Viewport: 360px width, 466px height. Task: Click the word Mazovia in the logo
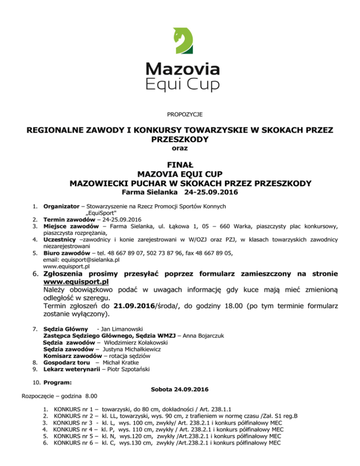coord(183,69)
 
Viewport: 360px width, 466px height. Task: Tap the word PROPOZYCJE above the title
coord(180,114)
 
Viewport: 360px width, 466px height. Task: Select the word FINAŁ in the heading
coord(180,165)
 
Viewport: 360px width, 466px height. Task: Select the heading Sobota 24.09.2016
coord(180,390)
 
